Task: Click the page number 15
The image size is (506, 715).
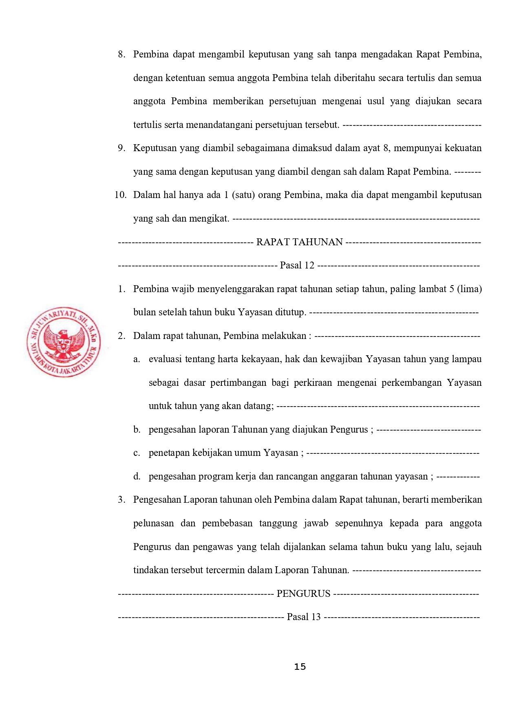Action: tap(300, 667)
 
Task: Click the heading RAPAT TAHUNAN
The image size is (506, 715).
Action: tap(299, 242)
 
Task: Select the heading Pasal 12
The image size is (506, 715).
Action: tap(297, 265)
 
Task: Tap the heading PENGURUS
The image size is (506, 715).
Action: tap(303, 594)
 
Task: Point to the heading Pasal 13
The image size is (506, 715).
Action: tap(304, 617)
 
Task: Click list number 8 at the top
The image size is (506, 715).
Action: tap(121, 55)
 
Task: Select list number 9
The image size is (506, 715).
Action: tap(121, 148)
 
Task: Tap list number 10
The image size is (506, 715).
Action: tap(120, 195)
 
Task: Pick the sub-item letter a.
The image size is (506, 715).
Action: tap(137, 359)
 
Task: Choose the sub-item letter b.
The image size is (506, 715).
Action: tap(137, 430)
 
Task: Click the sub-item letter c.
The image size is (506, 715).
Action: tap(137, 453)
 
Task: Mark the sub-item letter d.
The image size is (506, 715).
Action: tap(137, 476)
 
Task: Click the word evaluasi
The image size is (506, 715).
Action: tap(165, 359)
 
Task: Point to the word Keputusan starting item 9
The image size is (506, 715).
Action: tap(155, 148)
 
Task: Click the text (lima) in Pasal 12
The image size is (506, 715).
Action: tap(470, 289)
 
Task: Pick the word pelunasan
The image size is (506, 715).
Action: tap(153, 523)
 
